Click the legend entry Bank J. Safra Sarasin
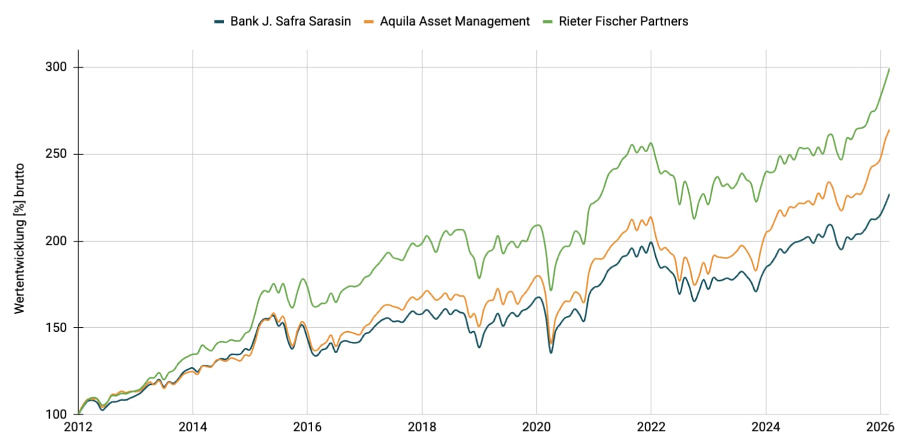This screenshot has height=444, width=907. point(290,21)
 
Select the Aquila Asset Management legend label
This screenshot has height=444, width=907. point(454,21)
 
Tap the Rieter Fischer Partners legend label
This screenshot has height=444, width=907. point(623,21)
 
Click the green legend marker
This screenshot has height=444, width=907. point(548,21)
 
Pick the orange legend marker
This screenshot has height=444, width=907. point(369,21)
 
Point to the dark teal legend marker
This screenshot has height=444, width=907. point(219,21)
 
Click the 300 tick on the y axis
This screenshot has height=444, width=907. point(56,67)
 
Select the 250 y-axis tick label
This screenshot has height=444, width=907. point(56,154)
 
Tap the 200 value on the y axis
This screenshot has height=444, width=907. point(56,241)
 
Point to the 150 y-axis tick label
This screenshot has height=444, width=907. point(56,328)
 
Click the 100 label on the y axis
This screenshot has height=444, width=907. point(56,415)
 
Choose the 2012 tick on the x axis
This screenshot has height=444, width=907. point(78,427)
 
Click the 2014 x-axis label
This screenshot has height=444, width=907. point(193,427)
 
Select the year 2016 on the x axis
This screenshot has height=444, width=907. point(307,427)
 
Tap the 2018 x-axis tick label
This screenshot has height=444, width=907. point(422,427)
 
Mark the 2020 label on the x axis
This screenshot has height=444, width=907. point(536,427)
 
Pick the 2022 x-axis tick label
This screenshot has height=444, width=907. point(651,427)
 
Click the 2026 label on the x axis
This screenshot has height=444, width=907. point(880,427)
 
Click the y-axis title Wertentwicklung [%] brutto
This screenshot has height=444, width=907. point(19,238)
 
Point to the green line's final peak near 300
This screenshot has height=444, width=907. point(889,69)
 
